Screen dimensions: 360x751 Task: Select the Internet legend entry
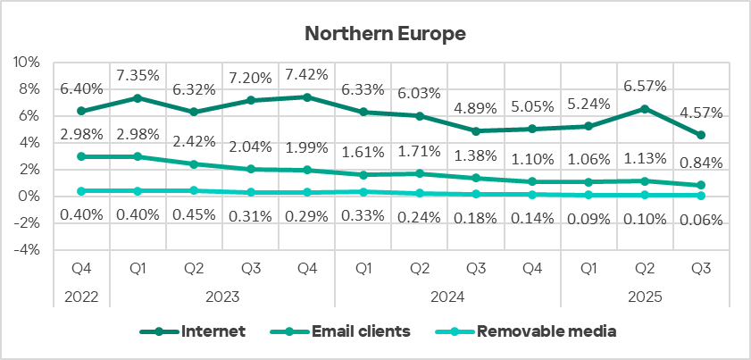click(213, 331)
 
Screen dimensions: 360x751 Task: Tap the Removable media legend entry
click(547, 331)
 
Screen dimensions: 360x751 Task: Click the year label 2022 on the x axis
click(82, 295)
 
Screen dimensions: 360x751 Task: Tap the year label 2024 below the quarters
click(446, 295)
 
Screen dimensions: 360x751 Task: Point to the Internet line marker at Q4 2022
click(82, 111)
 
